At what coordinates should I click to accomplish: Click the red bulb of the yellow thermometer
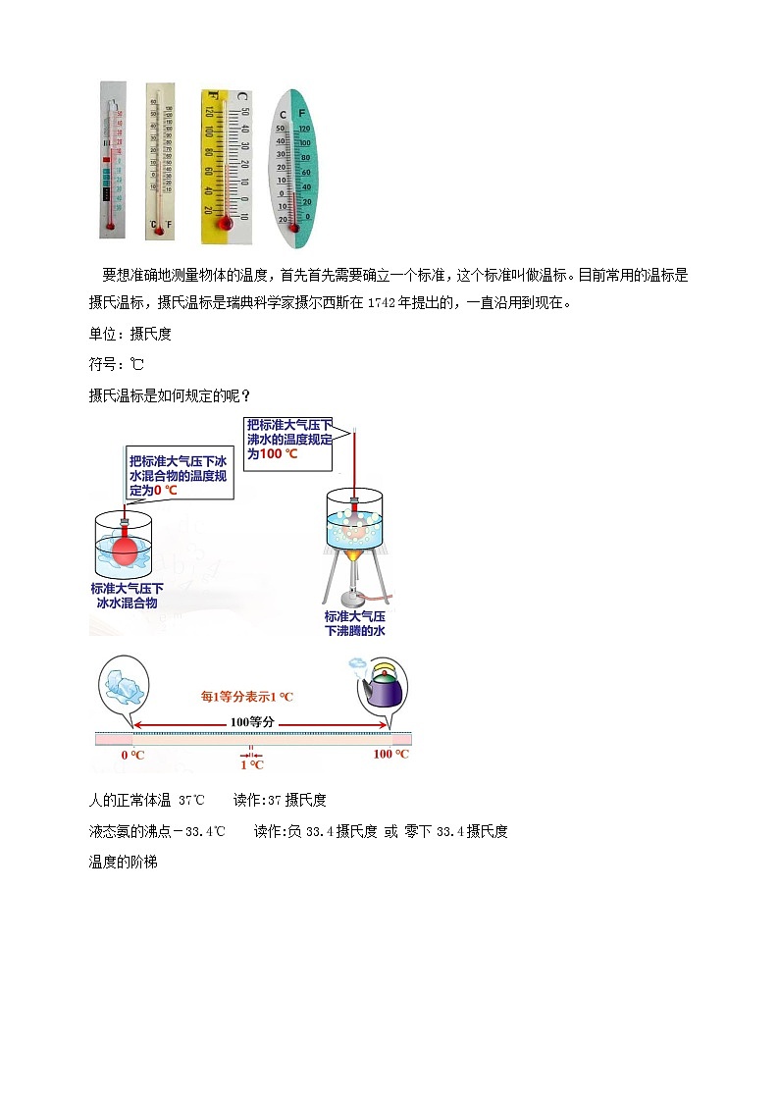[x=226, y=224]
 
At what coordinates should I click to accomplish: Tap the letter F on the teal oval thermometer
[x=302, y=114]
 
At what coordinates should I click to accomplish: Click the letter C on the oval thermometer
[x=283, y=115]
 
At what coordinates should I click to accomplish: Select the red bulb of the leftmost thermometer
[x=110, y=226]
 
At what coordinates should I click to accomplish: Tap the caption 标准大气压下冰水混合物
[x=128, y=596]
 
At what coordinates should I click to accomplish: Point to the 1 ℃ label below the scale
[x=251, y=765]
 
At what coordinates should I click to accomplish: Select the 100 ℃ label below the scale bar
[x=390, y=754]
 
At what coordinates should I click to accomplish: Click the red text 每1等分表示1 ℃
[x=247, y=696]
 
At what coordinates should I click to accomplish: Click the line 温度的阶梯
[x=123, y=863]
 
